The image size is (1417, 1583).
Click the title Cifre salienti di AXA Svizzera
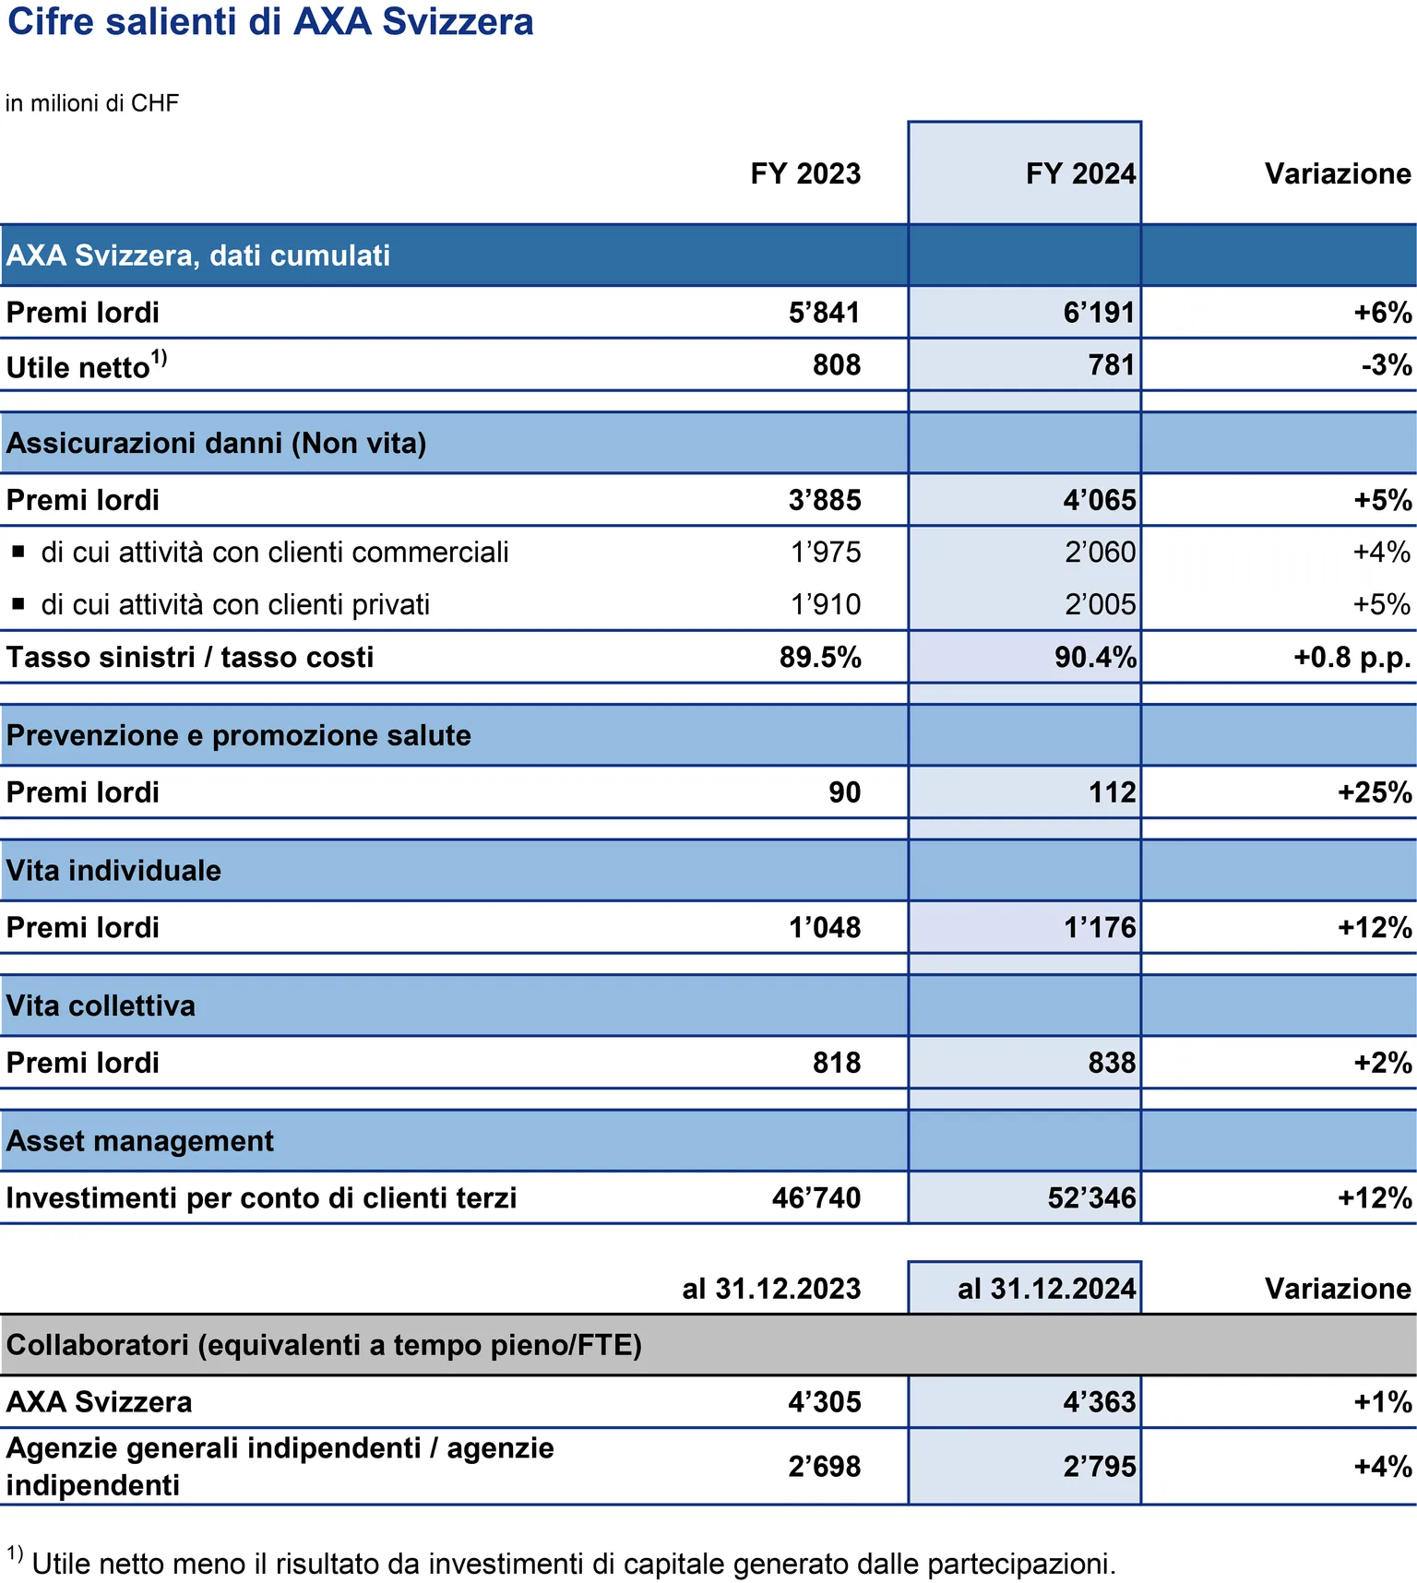tap(270, 22)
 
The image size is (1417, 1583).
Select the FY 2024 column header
tap(1080, 173)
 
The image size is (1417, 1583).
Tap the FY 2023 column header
tap(805, 173)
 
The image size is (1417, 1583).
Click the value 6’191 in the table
tap(1099, 313)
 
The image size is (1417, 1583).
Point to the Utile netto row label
tap(87, 365)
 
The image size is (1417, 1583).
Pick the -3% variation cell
tap(1387, 365)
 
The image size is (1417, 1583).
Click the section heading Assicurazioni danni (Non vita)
tap(216, 444)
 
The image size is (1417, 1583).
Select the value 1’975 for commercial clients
tap(826, 553)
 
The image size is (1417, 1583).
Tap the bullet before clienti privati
tap(18, 605)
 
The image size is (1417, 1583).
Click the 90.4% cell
tap(1095, 658)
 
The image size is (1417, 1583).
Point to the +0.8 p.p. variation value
tap(1352, 658)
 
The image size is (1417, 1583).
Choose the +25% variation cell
tap(1375, 792)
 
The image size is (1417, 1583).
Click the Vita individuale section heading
tap(113, 871)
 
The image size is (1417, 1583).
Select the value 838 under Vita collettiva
tap(1112, 1063)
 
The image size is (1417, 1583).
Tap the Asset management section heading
tap(140, 1141)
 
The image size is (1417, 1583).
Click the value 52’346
tap(1091, 1198)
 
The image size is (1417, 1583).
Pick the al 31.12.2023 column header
tap(771, 1289)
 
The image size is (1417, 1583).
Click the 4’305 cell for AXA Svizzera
tap(825, 1402)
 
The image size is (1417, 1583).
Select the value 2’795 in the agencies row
tap(1100, 1467)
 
